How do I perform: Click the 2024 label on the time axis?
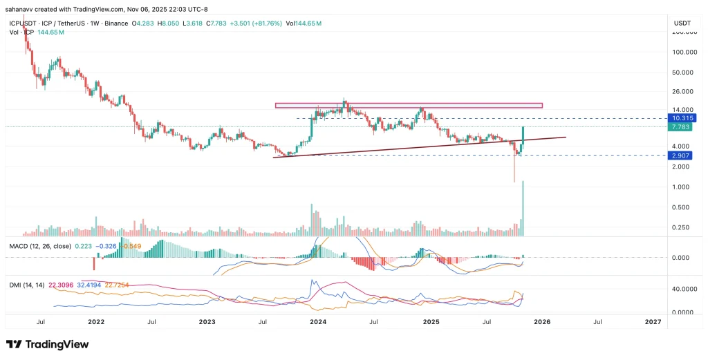[x=318, y=322]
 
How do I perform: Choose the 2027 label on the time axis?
[x=652, y=322]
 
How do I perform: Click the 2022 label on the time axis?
[x=96, y=322]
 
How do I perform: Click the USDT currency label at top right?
[x=682, y=23]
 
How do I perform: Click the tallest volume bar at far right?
[x=523, y=207]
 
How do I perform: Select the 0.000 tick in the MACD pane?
[x=682, y=258]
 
